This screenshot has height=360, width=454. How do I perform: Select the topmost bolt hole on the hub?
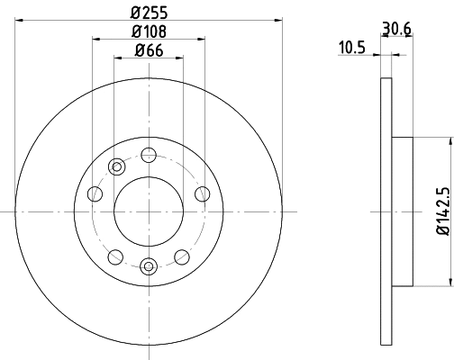coord(149,155)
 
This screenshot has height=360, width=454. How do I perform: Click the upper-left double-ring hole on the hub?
coord(116,166)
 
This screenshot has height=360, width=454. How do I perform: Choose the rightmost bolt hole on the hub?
coord(202,194)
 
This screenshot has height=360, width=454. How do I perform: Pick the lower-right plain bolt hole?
coord(181,255)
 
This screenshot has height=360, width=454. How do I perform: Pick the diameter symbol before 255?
coord(135,13)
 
